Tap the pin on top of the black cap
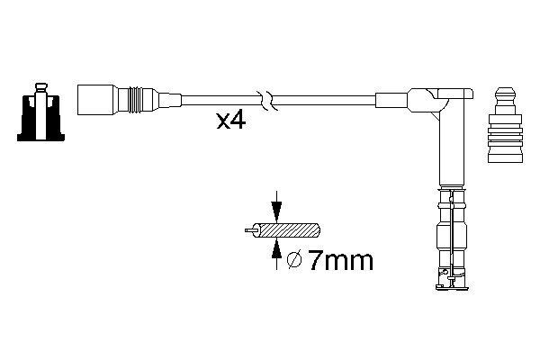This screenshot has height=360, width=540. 40,88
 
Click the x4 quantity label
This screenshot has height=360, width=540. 232,121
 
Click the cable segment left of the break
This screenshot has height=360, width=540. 216,97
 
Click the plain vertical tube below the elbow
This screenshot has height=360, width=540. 446,148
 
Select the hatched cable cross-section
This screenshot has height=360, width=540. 292,231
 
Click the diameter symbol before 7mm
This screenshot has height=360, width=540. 293,262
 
